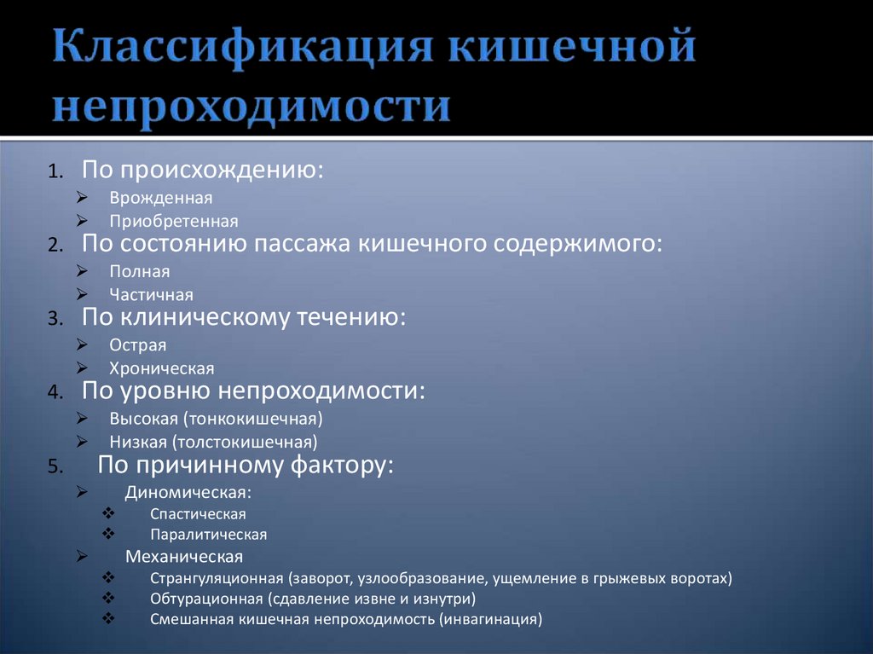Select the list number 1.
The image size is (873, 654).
click(x=55, y=171)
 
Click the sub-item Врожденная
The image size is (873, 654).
click(x=160, y=198)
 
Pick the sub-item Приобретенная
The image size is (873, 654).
click(x=174, y=221)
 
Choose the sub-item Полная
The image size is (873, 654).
click(x=140, y=272)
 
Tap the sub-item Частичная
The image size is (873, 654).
click(x=151, y=295)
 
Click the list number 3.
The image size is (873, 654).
click(x=55, y=319)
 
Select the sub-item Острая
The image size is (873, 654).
click(x=137, y=346)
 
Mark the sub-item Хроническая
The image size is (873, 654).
click(x=162, y=369)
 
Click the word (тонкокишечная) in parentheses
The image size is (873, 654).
click(x=264, y=420)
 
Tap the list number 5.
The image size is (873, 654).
click(x=55, y=466)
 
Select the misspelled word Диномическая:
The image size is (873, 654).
click(x=188, y=493)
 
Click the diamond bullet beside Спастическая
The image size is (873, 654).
click(x=107, y=514)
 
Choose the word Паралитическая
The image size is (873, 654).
click(x=208, y=535)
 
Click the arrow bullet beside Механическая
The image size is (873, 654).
click(x=81, y=556)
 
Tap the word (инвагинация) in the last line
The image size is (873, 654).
click(x=491, y=620)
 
